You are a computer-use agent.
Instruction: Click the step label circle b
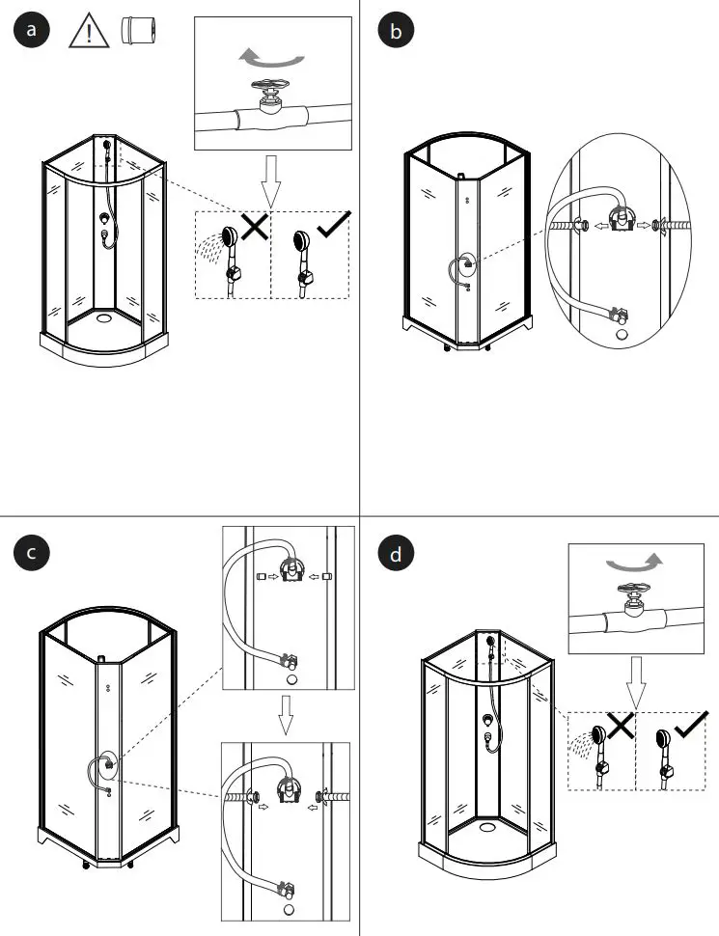coord(394,31)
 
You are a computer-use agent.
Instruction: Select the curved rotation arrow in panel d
coord(634,563)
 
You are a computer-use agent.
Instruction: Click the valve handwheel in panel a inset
coord(270,88)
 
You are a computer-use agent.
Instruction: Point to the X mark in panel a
coord(255,227)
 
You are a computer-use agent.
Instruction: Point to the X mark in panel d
coord(620,726)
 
